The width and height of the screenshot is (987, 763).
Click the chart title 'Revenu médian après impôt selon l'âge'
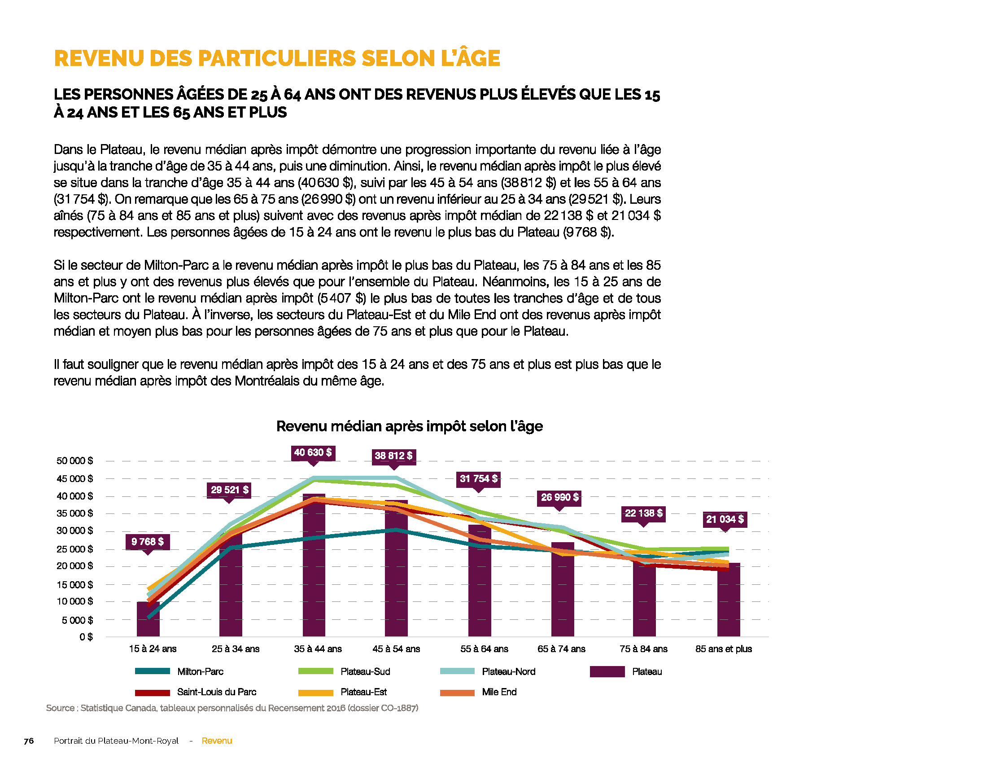pyautogui.click(x=410, y=426)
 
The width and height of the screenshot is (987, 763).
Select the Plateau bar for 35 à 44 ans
pyautogui.click(x=314, y=565)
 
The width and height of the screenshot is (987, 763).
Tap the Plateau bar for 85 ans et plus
pyautogui.click(x=729, y=600)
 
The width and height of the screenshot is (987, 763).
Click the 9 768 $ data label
pyautogui.click(x=148, y=542)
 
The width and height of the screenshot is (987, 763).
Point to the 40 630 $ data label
pyautogui.click(x=313, y=452)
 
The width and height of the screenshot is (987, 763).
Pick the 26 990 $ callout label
pyautogui.click(x=559, y=497)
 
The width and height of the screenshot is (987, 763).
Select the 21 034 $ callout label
pyautogui.click(x=725, y=519)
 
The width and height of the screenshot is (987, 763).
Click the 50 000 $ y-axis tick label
pyautogui.click(x=74, y=461)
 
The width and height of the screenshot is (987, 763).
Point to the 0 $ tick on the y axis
pyautogui.click(x=86, y=637)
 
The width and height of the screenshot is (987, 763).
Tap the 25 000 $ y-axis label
pyautogui.click(x=74, y=549)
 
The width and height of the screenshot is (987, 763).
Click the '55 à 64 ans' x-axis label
pyautogui.click(x=484, y=649)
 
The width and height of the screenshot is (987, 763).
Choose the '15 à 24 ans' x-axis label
pyautogui.click(x=153, y=649)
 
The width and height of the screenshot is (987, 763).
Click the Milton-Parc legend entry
pyautogui.click(x=179, y=672)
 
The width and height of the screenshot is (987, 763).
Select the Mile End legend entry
pyautogui.click(x=478, y=692)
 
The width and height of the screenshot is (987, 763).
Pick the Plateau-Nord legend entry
pyautogui.click(x=488, y=672)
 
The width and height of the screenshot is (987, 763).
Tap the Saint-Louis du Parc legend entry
pyautogui.click(x=196, y=692)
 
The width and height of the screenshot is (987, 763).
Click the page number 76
pyautogui.click(x=29, y=741)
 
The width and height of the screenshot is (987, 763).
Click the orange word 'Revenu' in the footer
pyautogui.click(x=217, y=741)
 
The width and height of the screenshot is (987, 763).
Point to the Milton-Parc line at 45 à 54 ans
pyautogui.click(x=396, y=530)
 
